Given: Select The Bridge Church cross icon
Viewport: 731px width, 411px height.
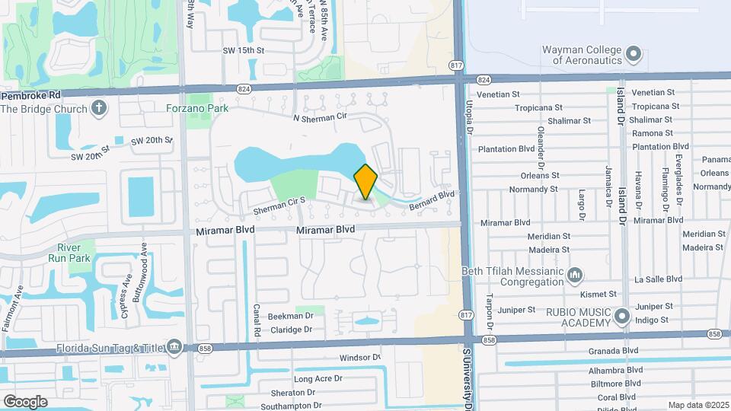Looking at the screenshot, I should [98, 108].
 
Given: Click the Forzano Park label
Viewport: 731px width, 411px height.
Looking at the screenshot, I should [197, 108].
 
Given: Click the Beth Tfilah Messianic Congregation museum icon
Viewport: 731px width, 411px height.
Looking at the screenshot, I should [576, 273].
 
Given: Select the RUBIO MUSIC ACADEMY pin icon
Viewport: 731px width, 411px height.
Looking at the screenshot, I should [624, 314].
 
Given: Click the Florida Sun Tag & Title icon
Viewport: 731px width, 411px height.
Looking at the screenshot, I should [175, 348].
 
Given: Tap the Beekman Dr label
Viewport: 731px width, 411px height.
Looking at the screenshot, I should [289, 316].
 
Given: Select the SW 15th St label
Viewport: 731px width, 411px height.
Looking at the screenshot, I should [243, 50].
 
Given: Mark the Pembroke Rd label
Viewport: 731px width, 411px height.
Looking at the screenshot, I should [30, 97].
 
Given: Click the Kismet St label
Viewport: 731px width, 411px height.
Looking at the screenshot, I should [599, 293].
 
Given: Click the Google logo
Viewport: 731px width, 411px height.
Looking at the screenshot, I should [25, 401].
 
